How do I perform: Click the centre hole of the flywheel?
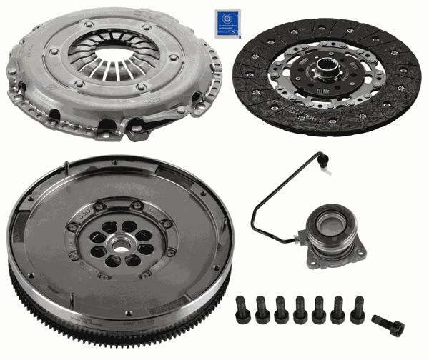pos(119,244)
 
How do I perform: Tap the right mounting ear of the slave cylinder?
pos(360,250)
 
